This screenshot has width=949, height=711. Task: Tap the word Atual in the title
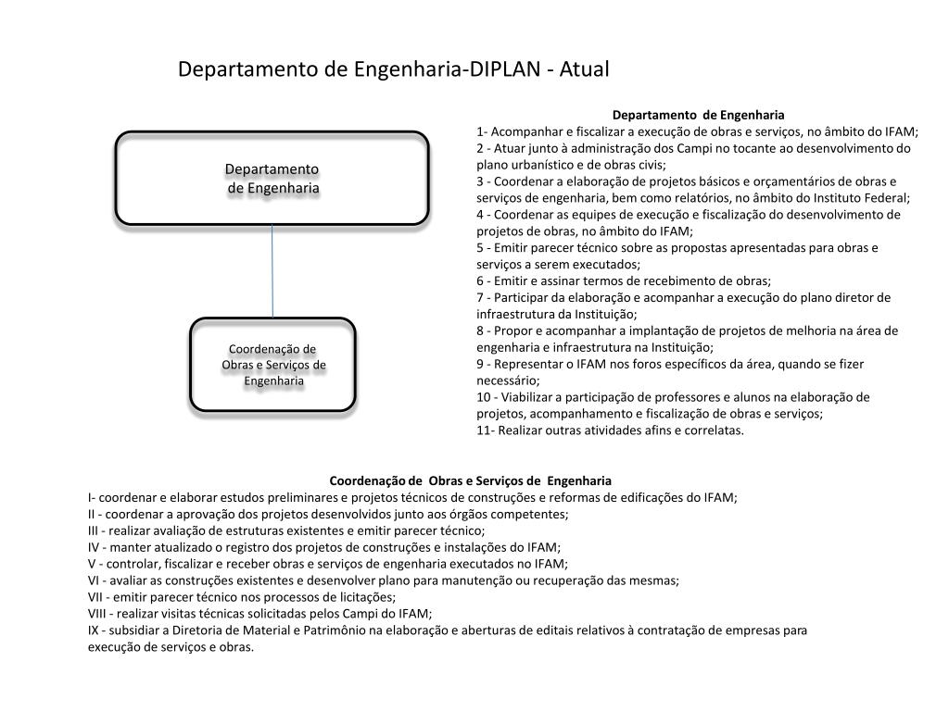[x=584, y=69]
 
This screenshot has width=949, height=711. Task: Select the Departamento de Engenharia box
[x=272, y=178]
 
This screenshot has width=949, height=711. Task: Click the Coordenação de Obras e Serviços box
[x=272, y=364]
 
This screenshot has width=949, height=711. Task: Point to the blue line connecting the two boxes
[x=272, y=270]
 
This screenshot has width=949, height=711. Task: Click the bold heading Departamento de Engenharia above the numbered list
[x=698, y=115]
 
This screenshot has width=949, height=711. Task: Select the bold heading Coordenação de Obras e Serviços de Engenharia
[x=471, y=480]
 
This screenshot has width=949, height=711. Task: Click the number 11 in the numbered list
[x=485, y=430]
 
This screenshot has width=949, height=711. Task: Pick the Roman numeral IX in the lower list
[x=94, y=630]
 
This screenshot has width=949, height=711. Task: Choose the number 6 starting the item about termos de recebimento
[x=481, y=281]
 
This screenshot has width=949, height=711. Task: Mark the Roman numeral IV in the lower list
[x=95, y=547]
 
